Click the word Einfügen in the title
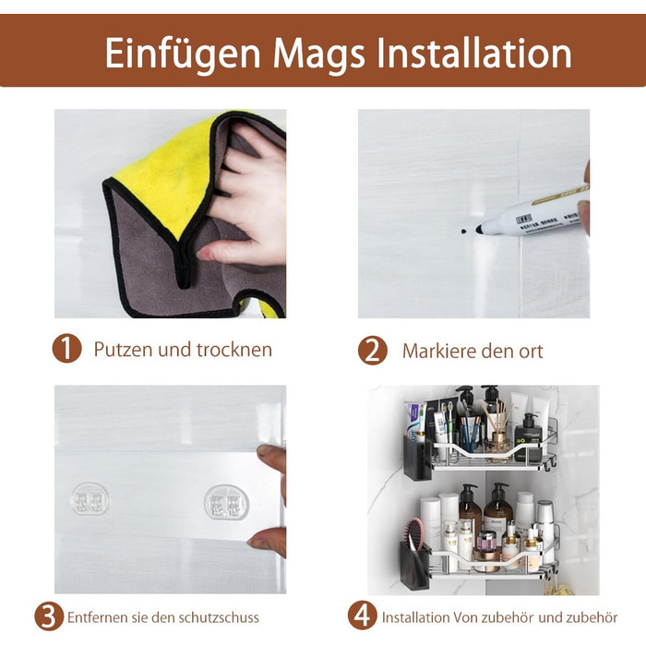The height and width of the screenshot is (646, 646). point(183,54)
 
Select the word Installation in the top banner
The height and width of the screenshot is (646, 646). point(474,53)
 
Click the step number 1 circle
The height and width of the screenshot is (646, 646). point(66,349)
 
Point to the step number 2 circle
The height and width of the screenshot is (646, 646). point(373,351)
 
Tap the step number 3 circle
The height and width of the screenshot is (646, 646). point(49,616)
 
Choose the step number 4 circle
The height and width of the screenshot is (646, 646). point(362,616)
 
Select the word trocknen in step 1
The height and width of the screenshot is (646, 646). point(234,350)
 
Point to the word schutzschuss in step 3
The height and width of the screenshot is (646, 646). point(219,617)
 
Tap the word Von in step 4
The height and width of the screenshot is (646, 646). point(466,617)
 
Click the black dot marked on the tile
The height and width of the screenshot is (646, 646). point(463,231)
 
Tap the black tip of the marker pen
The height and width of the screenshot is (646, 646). point(479,230)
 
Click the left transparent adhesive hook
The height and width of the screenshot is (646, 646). point(90,499)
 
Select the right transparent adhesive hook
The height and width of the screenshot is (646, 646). point(227,502)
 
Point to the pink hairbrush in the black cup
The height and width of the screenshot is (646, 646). point(413,534)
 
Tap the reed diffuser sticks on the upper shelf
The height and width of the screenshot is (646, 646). point(496,416)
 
